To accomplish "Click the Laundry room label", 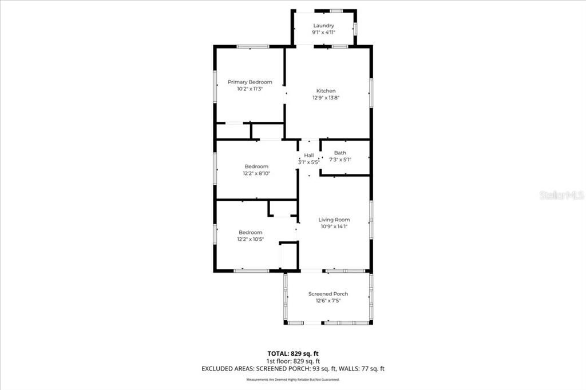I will pos(323,26).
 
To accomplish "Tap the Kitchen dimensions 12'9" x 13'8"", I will pos(326,98).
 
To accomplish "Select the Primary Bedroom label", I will pos(250,82).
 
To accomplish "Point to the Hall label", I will pos(309,155).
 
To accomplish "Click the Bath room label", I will pos(340,153).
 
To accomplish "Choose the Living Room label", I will pos(334,220).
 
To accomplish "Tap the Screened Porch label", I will pos(328,294).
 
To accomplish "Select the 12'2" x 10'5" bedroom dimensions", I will pos(250,239).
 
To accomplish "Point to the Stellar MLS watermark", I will pos(561,195).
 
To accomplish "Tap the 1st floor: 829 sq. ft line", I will pos(293,361).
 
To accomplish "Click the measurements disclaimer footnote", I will pos(293,380).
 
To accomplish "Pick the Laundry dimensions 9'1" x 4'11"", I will pos(323,33).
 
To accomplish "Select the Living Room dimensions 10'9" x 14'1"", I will pos(334,226).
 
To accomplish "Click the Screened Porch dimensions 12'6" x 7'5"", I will pos(328,301).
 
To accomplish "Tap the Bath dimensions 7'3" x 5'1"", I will pos(340,160).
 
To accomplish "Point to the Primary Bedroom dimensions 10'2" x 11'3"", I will pos(250,89).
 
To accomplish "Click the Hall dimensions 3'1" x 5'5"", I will pos(309,162).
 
